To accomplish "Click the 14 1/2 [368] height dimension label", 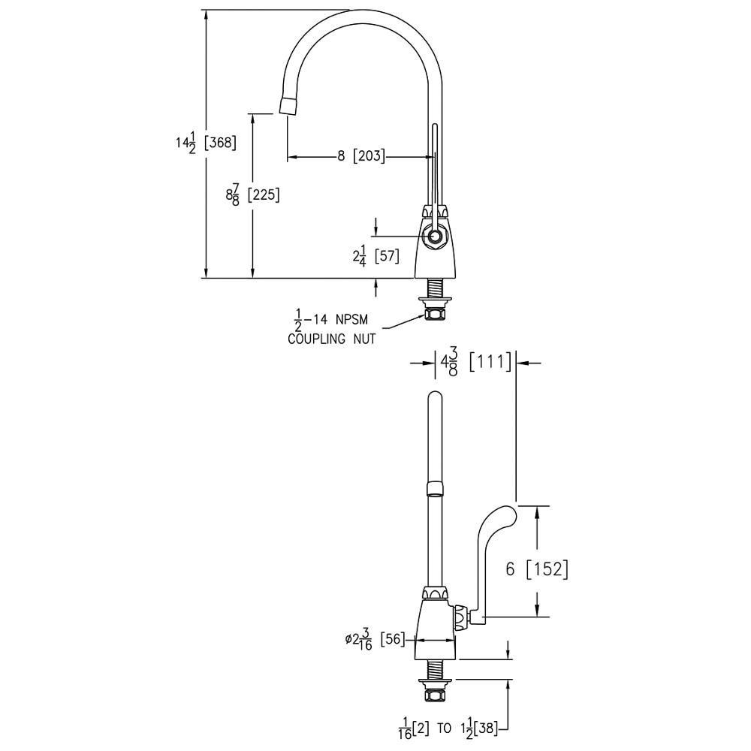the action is [x=206, y=143].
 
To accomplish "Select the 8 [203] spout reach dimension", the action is [x=361, y=155].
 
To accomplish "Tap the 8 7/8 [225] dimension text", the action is [x=252, y=195].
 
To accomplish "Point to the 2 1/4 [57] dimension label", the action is [x=376, y=257].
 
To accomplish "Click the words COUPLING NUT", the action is [x=331, y=339].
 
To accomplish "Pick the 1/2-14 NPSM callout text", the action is [x=330, y=319].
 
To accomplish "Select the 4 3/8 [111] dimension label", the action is [x=476, y=363].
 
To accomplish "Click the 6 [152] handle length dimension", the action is [x=537, y=569].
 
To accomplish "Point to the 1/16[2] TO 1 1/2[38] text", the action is [x=448, y=728].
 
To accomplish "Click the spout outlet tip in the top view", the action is [x=287, y=105].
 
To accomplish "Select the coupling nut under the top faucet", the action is [x=434, y=314].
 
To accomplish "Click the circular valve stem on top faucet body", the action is [x=435, y=236].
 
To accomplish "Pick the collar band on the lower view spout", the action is [x=434, y=490].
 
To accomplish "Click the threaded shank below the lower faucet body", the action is [x=434, y=670].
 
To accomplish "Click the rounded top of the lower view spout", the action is [x=434, y=397].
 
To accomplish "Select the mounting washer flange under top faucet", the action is [x=434, y=302].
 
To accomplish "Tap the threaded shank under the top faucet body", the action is [x=434, y=288].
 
